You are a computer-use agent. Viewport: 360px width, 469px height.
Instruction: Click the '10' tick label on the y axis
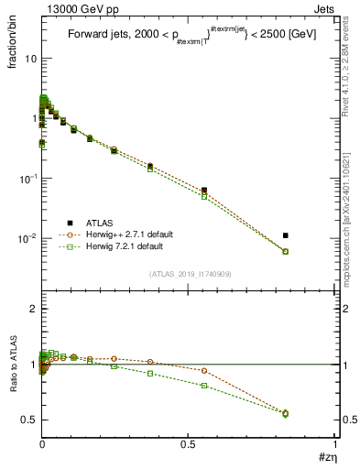tap(28, 59)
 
